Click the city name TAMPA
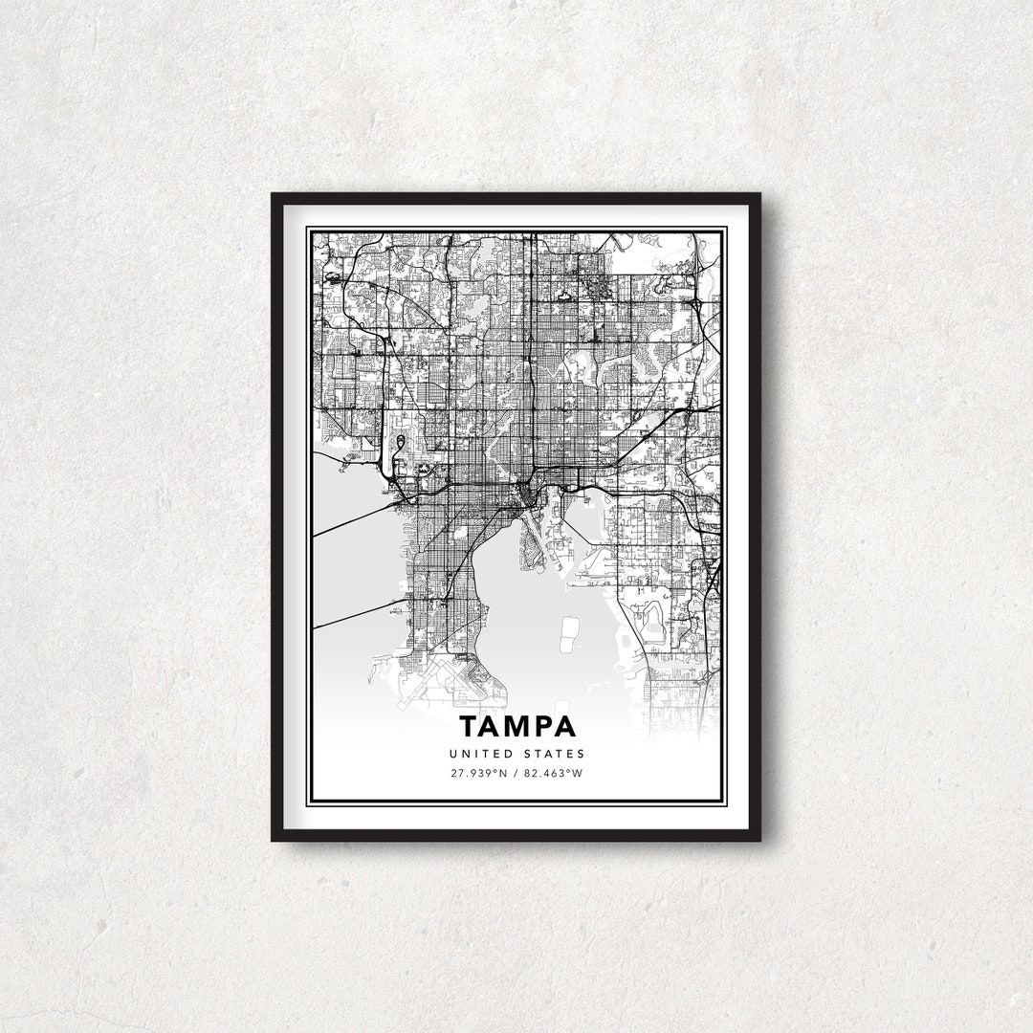[x=516, y=727]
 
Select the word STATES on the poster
[x=553, y=755]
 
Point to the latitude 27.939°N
[x=478, y=773]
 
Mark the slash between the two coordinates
[x=516, y=773]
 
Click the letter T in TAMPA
[x=469, y=727]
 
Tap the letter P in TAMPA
[x=542, y=727]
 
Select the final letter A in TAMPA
[x=564, y=727]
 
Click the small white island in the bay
[x=569, y=629]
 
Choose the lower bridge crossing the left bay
[x=354, y=616]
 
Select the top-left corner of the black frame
[x=275, y=196]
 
